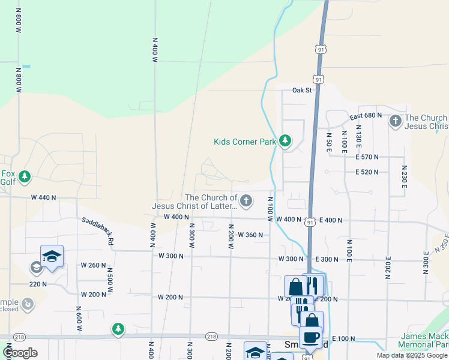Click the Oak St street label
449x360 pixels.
click(x=303, y=90)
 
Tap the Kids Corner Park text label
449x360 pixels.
click(x=245, y=142)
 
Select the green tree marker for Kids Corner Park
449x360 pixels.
click(x=285, y=142)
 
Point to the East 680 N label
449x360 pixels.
click(x=366, y=115)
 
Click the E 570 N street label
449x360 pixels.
click(x=367, y=157)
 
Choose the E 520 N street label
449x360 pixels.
click(x=367, y=172)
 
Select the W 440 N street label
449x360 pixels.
click(x=43, y=197)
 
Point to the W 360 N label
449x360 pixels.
click(x=250, y=235)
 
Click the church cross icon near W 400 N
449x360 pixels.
click(x=246, y=202)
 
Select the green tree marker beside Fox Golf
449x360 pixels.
click(x=25, y=176)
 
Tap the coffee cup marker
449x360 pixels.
click(x=310, y=337)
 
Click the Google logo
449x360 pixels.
click(x=19, y=353)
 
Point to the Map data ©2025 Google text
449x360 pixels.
click(x=411, y=355)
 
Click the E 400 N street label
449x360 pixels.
click(x=331, y=220)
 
